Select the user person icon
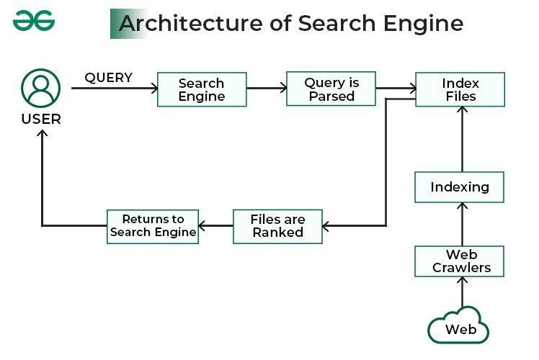40,88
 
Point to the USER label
41,119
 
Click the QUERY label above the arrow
108,78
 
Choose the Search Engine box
202,90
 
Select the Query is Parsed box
331,89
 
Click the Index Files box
460,89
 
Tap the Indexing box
460,187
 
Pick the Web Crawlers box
460,261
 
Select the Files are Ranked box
277,226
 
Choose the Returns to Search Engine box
153,226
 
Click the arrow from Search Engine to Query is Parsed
266,89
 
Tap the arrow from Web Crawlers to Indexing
461,225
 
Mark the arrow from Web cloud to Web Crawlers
461,292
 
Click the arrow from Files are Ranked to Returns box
215,226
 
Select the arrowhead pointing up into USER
41,135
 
